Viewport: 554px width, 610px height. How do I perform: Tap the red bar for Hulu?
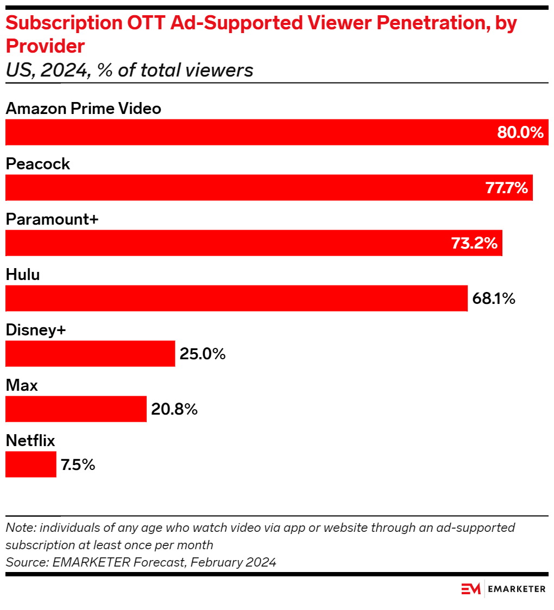(x=236, y=298)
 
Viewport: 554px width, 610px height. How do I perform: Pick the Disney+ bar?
(x=90, y=354)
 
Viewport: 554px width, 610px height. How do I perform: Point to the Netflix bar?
(x=31, y=465)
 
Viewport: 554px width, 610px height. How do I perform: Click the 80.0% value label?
(x=520, y=132)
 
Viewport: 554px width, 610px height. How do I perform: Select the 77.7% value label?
(x=506, y=188)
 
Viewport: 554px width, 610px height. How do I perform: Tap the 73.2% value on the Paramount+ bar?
(x=475, y=243)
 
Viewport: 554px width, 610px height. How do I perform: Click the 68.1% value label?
(x=493, y=298)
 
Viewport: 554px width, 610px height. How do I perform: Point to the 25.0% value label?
(x=202, y=354)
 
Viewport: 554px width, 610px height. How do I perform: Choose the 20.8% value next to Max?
(x=174, y=409)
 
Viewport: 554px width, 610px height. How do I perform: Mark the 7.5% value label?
(x=78, y=465)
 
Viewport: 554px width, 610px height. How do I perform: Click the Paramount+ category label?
(x=52, y=219)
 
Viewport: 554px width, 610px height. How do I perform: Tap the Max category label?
(x=22, y=385)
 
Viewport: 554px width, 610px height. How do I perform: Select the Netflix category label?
(x=30, y=441)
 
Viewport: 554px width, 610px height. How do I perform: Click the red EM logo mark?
(x=471, y=589)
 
